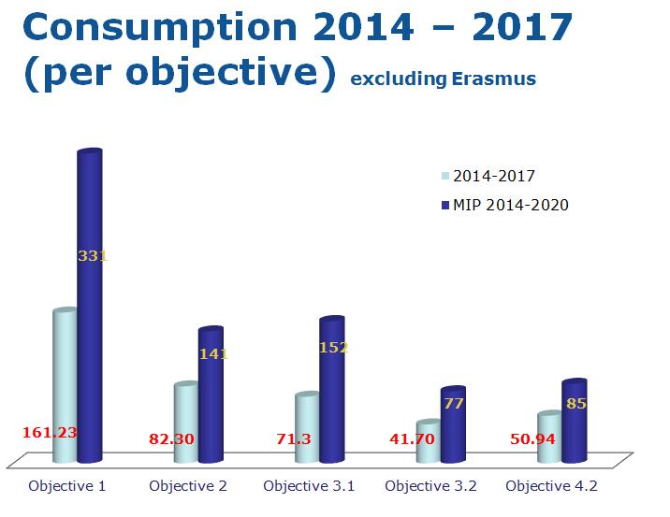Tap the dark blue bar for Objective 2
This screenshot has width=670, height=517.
[x=211, y=411]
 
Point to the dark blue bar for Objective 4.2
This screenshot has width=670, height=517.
[x=574, y=430]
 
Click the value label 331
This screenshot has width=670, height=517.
[x=93, y=254]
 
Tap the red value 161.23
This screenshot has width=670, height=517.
[x=49, y=432]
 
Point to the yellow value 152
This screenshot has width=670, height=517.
[x=334, y=348]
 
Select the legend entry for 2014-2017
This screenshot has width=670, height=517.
[x=494, y=175]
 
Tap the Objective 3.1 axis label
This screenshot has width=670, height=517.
[x=309, y=486]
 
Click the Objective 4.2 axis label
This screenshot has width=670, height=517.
[x=551, y=486]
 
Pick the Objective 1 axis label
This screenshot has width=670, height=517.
[x=66, y=486]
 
